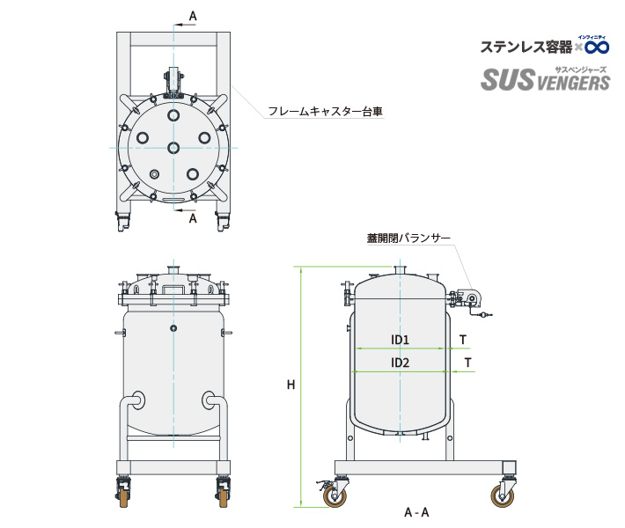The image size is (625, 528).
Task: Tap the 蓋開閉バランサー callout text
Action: coord(408,238)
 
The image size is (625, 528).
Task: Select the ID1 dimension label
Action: coord(401,339)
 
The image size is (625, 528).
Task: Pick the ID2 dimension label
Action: coord(401,362)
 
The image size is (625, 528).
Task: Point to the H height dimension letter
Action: coord(290,385)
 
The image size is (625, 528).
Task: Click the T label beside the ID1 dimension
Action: coord(463,339)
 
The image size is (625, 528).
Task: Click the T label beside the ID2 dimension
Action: coord(468,362)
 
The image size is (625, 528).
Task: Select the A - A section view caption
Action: coord(416,512)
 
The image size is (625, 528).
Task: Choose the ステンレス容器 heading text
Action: coord(526,46)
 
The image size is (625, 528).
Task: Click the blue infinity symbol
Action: coord(597,46)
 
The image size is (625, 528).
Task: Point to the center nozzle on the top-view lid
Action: coord(173,148)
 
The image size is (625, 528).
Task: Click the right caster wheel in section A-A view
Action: coord(508,497)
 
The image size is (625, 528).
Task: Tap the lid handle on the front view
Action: coord(173,288)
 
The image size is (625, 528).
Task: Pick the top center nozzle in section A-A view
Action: coord(401,269)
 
